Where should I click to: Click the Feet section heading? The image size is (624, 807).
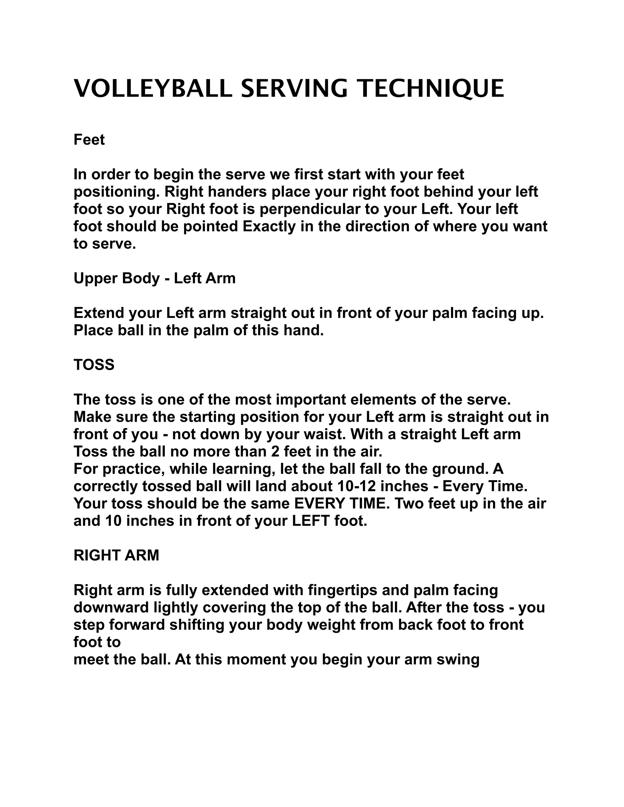pos(89,140)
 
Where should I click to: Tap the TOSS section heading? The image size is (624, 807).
pos(94,365)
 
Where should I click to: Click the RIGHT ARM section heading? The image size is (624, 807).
pos(116,555)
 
